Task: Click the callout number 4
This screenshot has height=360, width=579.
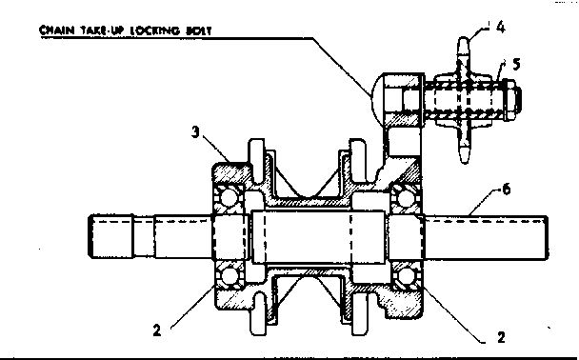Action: click(500, 29)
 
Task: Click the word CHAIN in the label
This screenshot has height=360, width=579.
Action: click(56, 29)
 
